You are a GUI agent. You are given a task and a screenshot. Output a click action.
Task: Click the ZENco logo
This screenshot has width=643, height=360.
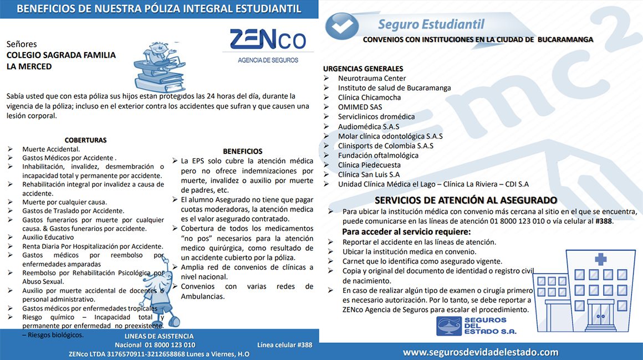tap(268, 44)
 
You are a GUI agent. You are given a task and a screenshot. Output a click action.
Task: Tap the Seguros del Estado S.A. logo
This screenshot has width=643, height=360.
tap(477, 326)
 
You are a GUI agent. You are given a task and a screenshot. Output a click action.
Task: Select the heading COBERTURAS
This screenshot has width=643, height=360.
tap(85, 140)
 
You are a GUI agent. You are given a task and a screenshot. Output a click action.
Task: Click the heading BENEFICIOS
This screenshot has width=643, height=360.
tap(243, 151)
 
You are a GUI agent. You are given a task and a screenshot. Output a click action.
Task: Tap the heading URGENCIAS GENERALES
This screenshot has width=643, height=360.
tap(363, 69)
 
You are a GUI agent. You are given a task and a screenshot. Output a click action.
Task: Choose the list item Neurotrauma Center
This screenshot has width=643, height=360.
tap(372, 78)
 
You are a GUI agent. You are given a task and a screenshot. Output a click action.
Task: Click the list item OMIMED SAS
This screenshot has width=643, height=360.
tap(360, 107)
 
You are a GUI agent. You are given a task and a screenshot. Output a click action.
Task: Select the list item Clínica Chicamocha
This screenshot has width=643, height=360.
tap(369, 97)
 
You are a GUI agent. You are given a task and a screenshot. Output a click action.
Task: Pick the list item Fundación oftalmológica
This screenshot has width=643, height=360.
tap(378, 155)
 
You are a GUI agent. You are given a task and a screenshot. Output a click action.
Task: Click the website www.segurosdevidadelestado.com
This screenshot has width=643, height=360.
tap(481, 352)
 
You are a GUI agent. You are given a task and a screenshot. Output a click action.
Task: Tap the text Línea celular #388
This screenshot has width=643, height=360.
tap(285, 345)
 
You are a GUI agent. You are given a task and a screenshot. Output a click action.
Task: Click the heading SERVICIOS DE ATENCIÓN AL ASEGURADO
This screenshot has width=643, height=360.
tap(466, 200)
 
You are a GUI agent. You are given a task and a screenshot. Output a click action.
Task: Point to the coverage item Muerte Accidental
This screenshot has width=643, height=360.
tap(51, 149)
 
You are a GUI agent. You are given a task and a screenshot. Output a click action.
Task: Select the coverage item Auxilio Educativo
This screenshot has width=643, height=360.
tap(48, 237)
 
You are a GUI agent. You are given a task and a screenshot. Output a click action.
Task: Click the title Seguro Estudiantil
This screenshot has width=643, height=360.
tap(431, 24)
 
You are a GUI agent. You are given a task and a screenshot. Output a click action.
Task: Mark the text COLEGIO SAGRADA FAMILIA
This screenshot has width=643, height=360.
tap(61, 55)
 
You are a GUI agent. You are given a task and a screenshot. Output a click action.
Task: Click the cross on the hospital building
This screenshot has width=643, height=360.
tap(600, 259)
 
